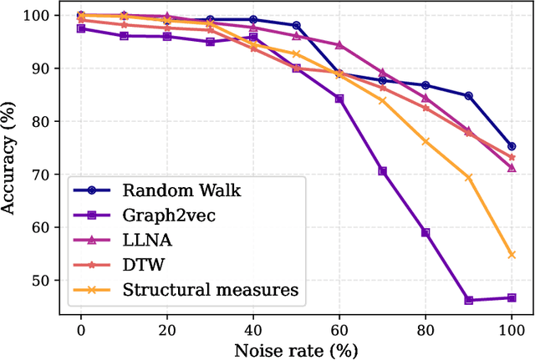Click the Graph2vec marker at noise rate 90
coord(469,300)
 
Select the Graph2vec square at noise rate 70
coord(383,171)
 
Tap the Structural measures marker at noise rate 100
coord(512,255)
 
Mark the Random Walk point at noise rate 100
coord(512,146)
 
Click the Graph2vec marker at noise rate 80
coord(425,232)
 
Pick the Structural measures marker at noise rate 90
coord(469,177)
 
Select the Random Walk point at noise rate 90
coord(469,96)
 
